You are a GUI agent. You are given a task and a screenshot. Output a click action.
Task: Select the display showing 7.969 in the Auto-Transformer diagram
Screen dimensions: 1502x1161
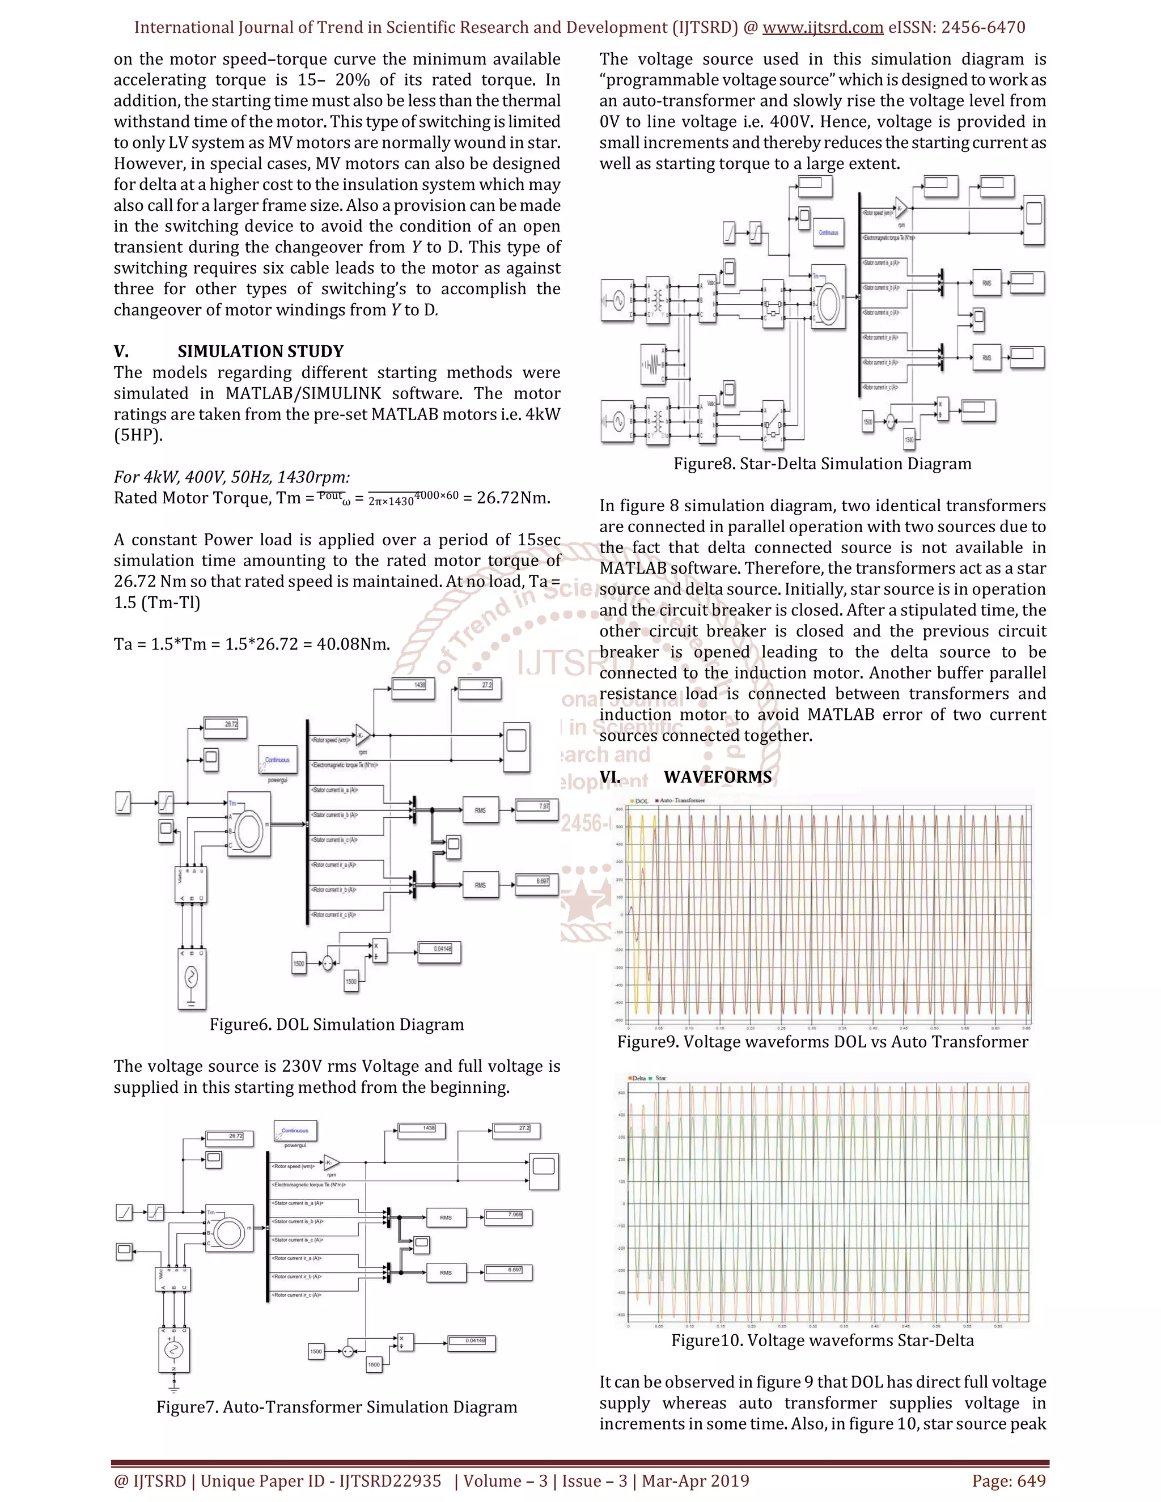pos(509,1216)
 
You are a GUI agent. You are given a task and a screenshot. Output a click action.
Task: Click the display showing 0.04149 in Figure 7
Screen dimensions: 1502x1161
pos(471,1342)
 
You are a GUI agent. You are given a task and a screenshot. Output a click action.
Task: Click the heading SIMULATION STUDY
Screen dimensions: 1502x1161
pos(260,351)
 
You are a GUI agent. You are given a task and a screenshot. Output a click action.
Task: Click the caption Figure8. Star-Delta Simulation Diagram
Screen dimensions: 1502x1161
pos(822,464)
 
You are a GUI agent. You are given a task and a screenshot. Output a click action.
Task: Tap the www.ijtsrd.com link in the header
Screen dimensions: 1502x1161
pos(823,28)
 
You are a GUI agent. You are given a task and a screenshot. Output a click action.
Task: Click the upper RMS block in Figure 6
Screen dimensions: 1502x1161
pos(480,810)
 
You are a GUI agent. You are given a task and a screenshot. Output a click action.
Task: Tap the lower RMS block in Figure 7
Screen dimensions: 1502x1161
pos(446,1273)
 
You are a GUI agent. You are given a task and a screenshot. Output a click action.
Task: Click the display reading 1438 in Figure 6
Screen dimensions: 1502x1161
pos(413,686)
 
